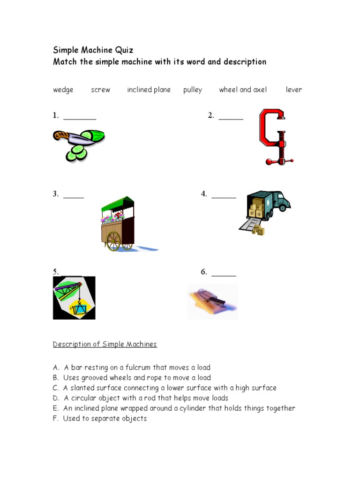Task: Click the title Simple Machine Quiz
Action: pyautogui.click(x=93, y=51)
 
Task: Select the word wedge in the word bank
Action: pyautogui.click(x=63, y=90)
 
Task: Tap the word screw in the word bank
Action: pyautogui.click(x=100, y=90)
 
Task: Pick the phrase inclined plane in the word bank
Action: pyautogui.click(x=149, y=90)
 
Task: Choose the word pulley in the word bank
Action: pyautogui.click(x=192, y=90)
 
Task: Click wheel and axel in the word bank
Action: pyautogui.click(x=243, y=90)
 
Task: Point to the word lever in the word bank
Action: pyautogui.click(x=294, y=90)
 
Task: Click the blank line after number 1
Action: pyautogui.click(x=80, y=118)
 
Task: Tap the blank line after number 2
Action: pyautogui.click(x=231, y=118)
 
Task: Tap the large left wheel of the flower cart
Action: pyautogui.click(x=113, y=240)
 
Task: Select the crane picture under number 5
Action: pyautogui.click(x=74, y=298)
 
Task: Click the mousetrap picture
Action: pyautogui.click(x=212, y=301)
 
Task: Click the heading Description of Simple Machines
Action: pyautogui.click(x=105, y=345)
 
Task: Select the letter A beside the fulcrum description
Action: pyautogui.click(x=55, y=367)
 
